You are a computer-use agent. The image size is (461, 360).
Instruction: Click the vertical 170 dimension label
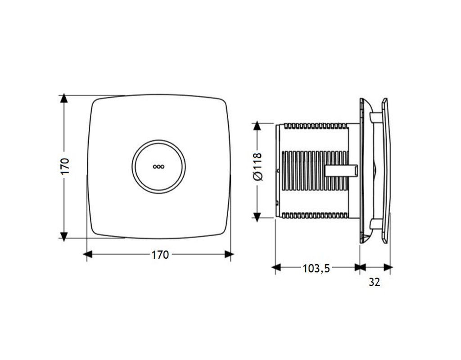point(65,166)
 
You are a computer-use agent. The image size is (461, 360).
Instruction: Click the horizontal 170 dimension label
point(160,255)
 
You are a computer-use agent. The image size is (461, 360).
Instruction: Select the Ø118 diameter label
point(257,166)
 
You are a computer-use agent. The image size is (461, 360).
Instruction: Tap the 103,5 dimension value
point(316,268)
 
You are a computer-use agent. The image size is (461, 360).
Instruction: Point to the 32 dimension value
point(374,282)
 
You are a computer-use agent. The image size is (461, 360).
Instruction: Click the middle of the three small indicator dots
point(159,166)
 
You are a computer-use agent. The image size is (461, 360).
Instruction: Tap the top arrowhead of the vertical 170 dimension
point(64,99)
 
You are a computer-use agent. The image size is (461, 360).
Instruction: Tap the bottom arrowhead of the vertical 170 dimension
point(64,234)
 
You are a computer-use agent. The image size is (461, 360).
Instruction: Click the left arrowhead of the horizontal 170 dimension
point(88,254)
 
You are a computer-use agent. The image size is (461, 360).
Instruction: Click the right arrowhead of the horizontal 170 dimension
point(229,254)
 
